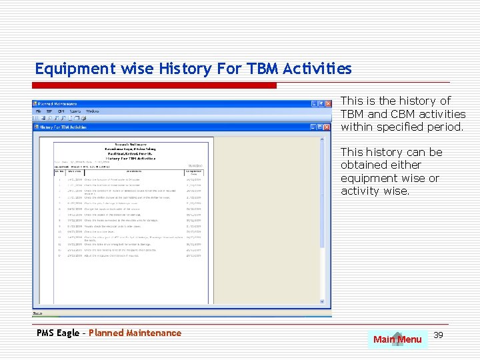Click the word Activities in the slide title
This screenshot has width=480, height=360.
[x=317, y=69]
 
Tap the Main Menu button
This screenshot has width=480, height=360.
[x=397, y=339]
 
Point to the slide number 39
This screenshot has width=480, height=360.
[x=438, y=335]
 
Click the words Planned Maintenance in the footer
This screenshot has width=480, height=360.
[x=135, y=333]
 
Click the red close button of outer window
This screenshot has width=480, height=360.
[x=327, y=104]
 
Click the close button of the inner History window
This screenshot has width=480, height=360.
[x=327, y=127]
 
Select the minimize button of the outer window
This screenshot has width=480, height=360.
[x=313, y=104]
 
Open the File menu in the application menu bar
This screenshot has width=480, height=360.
[x=38, y=111]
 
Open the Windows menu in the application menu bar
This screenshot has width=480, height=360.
[x=93, y=111]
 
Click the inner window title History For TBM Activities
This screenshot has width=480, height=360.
[x=63, y=127]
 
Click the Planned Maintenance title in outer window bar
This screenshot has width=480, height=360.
[x=57, y=104]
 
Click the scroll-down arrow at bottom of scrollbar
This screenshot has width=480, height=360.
[x=327, y=305]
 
